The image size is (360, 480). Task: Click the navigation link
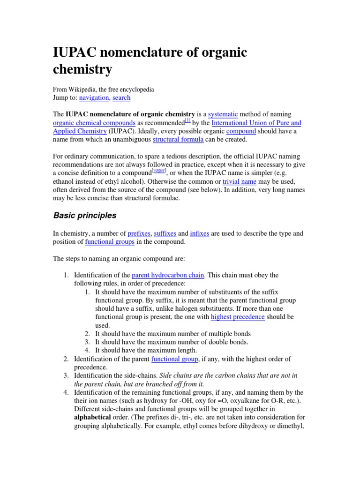click(94, 97)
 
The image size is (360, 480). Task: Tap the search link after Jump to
click(121, 97)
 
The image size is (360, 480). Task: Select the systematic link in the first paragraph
click(223, 114)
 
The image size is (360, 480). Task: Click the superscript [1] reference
click(187, 120)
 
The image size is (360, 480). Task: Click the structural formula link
click(178, 139)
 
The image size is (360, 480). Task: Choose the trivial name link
click(240, 181)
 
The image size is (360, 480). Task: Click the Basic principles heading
click(84, 216)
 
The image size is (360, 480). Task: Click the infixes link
click(200, 233)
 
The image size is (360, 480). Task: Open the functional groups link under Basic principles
click(110, 241)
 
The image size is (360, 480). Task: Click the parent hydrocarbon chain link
click(168, 275)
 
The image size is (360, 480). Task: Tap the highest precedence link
click(238, 317)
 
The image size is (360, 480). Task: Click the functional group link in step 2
click(174, 359)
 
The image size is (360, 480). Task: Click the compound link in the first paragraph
click(241, 131)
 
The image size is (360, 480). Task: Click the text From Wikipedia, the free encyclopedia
click(103, 89)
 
